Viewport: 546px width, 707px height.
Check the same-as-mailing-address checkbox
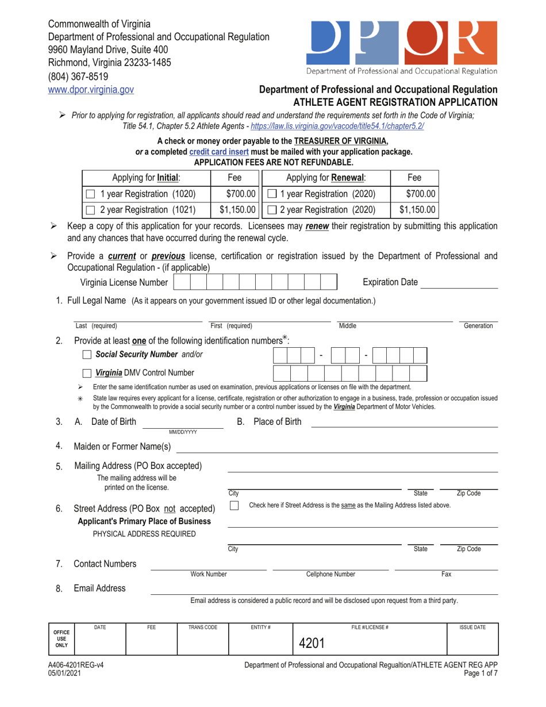coord(234,505)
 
